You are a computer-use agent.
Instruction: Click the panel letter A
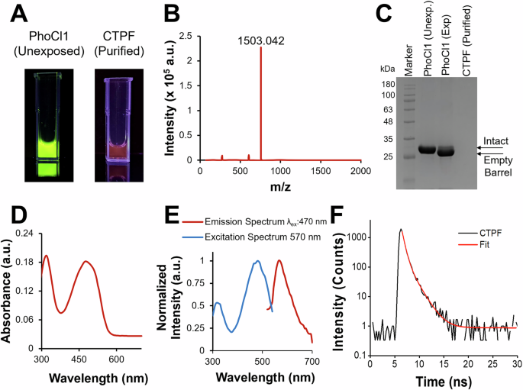tap(18, 12)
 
